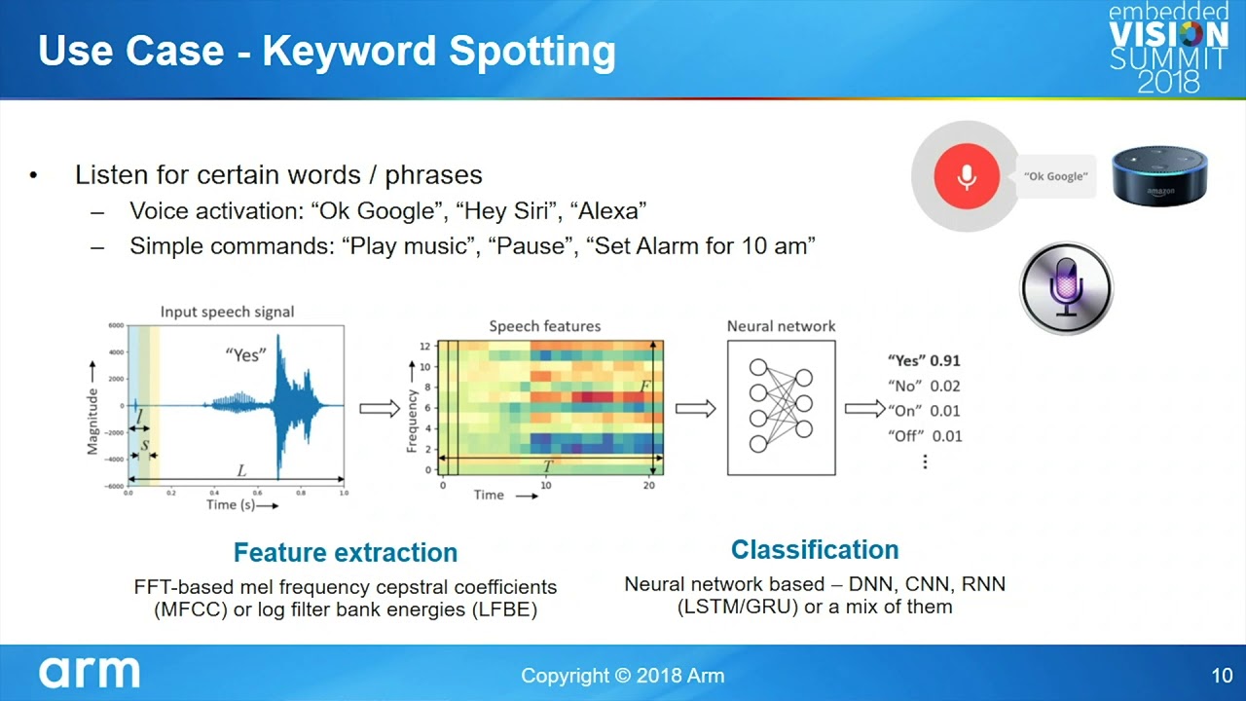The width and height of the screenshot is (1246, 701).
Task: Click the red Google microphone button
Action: (967, 176)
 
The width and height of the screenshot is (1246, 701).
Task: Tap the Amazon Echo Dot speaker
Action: (1159, 176)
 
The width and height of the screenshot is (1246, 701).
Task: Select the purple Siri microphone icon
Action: (1066, 288)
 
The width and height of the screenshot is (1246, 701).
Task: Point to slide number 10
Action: (1222, 676)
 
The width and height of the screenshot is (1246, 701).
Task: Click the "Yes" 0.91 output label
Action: (924, 360)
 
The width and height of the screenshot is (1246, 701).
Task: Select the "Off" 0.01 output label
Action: (925, 435)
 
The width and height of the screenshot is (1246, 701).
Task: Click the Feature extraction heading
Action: (346, 552)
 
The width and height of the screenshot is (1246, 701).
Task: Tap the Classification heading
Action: (815, 550)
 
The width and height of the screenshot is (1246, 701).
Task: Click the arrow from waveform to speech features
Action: (380, 409)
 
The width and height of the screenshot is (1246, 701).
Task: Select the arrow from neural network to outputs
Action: (865, 409)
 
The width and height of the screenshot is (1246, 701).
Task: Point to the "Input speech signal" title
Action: (227, 313)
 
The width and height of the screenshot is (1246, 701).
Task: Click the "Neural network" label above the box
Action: (781, 326)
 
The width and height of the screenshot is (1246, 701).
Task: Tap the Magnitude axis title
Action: (92, 422)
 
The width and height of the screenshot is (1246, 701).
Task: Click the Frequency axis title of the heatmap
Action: (412, 422)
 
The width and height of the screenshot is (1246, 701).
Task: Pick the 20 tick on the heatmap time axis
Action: (649, 485)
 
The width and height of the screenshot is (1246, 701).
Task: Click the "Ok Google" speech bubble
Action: (1056, 176)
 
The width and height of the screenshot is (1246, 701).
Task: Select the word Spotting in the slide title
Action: (532, 53)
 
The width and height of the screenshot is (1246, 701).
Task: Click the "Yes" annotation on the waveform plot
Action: (245, 355)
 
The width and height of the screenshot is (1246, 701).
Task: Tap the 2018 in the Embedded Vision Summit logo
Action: (1168, 83)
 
